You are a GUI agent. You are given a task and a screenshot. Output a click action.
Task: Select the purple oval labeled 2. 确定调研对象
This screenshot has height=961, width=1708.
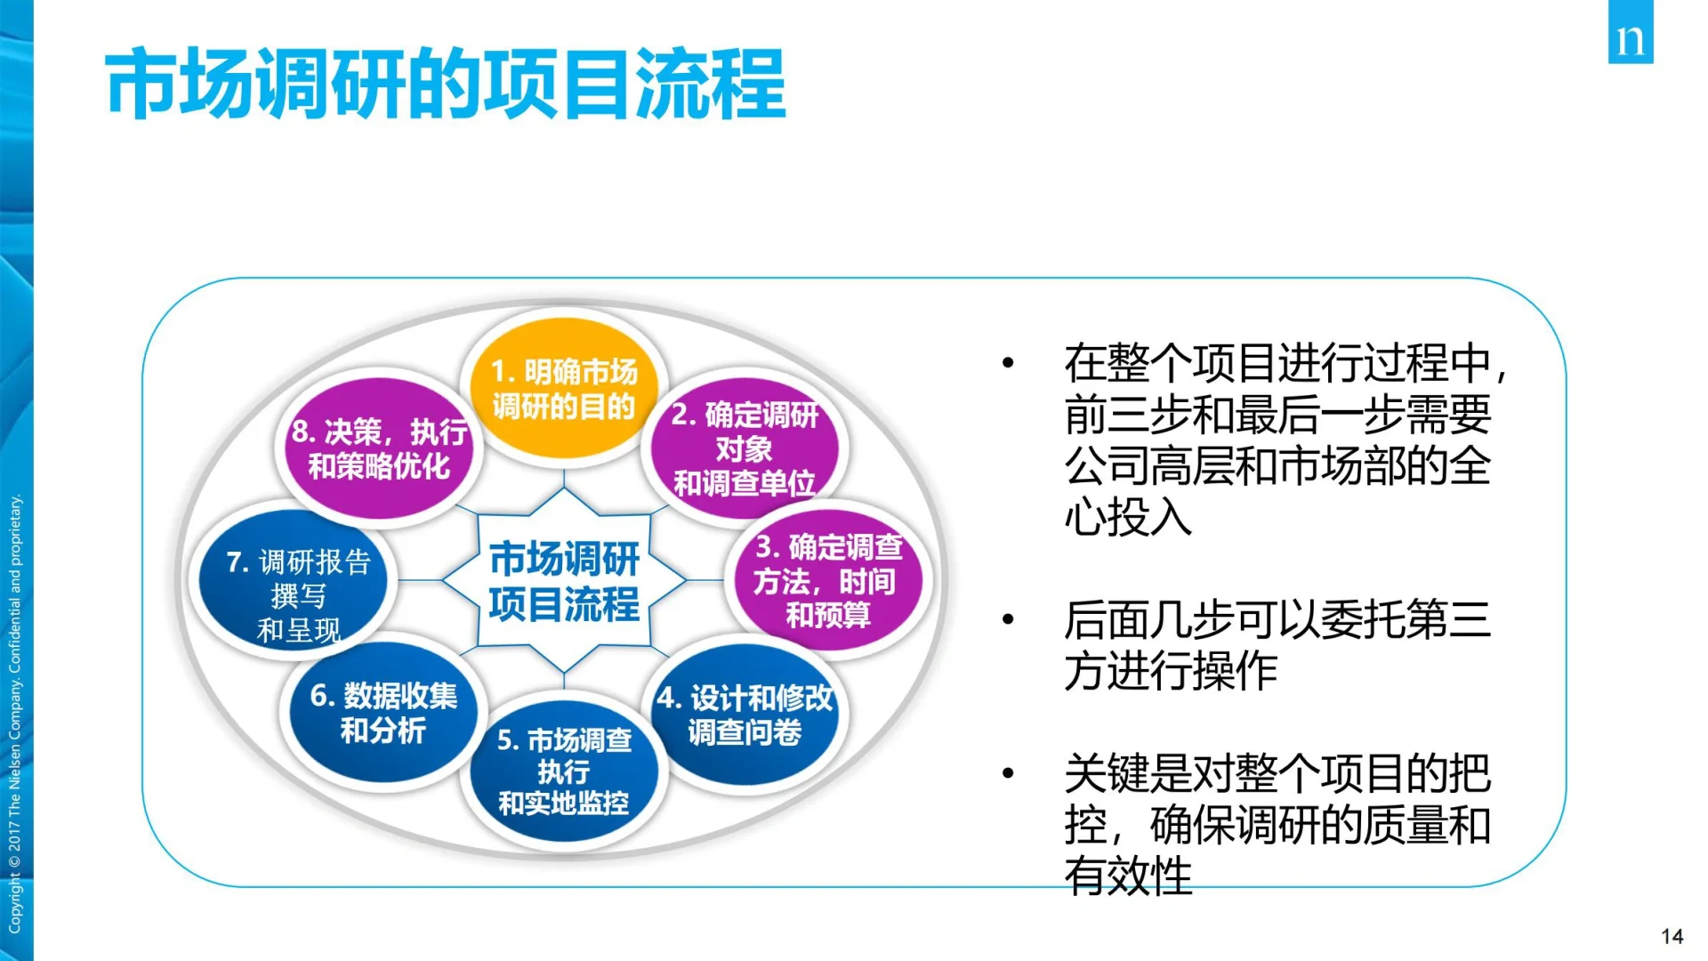tap(745, 448)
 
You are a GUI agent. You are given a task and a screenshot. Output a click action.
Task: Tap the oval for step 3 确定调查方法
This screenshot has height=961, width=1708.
tap(827, 580)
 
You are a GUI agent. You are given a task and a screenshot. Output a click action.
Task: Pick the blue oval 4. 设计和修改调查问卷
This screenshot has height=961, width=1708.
tap(745, 715)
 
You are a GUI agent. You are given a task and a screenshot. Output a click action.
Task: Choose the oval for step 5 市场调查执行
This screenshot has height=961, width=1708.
tap(564, 771)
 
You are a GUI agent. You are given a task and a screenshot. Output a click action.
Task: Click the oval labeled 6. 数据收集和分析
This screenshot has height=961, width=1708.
tap(383, 713)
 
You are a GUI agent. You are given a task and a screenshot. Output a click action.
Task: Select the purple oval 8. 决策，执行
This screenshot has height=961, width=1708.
tap(380, 448)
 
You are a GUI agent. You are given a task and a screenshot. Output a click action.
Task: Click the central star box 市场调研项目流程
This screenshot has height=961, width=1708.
tap(564, 581)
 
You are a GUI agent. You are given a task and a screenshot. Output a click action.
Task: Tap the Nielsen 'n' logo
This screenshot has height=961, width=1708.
tap(1630, 34)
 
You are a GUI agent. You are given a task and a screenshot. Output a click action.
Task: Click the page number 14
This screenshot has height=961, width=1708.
tap(1672, 936)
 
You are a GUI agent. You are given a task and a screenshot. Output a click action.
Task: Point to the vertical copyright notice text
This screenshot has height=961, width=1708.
tap(15, 712)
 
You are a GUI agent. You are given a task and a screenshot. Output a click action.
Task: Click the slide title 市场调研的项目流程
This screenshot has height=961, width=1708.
tap(445, 85)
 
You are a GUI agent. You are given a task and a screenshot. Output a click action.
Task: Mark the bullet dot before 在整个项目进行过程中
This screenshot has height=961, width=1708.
tap(1008, 363)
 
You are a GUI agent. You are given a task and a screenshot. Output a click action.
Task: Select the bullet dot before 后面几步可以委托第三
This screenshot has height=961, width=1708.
tap(1008, 619)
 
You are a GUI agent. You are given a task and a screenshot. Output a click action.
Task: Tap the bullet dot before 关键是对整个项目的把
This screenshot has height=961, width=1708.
tap(1008, 773)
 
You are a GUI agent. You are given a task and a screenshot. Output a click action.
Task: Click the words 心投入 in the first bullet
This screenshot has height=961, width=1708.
tap(1128, 517)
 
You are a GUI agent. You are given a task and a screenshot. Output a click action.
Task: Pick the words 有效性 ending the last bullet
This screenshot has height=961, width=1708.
tap(1128, 876)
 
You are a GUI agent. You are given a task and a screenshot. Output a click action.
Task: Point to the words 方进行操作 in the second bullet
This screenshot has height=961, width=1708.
tap(1171, 671)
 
